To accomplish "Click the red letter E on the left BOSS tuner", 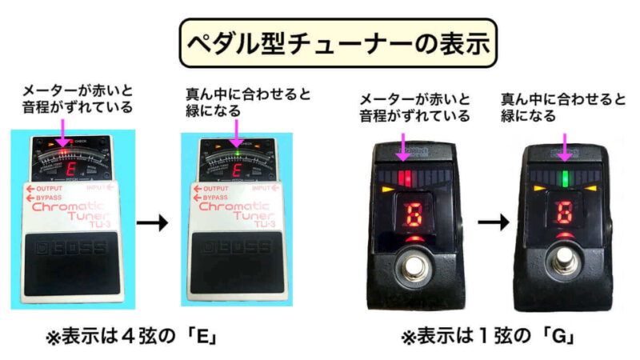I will coord(70,169).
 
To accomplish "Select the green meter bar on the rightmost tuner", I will coord(566,177).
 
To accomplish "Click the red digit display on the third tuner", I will coord(415,214).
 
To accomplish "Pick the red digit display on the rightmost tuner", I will coord(566,214).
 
